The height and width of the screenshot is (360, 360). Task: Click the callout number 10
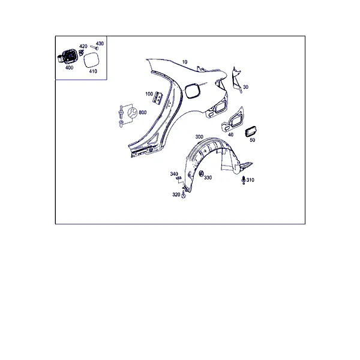[x=185, y=62]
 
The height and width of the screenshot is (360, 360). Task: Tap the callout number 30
[x=245, y=87]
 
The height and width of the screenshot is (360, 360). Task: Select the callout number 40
[x=230, y=135]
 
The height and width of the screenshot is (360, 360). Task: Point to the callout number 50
[x=252, y=140]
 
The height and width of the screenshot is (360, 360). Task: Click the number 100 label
[x=149, y=94]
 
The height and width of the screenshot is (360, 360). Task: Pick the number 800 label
[x=143, y=113]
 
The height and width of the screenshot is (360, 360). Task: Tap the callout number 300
[x=199, y=137]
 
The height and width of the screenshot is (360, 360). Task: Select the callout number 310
[x=250, y=180]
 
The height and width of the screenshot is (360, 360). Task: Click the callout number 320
[x=176, y=194]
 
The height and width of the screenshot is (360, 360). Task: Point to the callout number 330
[x=208, y=178]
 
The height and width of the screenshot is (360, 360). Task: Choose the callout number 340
[x=174, y=174]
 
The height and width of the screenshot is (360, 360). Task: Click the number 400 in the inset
[x=70, y=68]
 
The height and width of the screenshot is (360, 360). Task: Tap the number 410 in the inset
[x=93, y=71]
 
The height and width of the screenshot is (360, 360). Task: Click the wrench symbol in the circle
[x=133, y=113]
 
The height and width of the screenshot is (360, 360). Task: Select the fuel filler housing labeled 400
[x=67, y=56]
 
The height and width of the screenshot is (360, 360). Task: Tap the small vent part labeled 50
[x=251, y=131]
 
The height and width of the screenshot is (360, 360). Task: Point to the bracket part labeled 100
[x=157, y=98]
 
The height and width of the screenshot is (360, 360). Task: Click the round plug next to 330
[x=201, y=173]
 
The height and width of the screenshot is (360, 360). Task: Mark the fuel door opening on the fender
[x=193, y=91]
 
